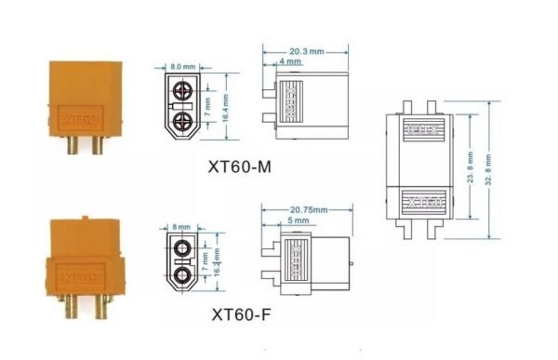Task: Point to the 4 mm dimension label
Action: click(290, 61)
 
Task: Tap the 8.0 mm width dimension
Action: click(182, 66)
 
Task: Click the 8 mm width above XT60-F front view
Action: click(181, 226)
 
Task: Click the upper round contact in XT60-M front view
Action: click(184, 91)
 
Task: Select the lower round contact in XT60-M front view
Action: click(184, 118)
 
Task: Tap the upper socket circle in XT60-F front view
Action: click(183, 249)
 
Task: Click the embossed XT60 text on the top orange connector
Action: click(77, 118)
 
